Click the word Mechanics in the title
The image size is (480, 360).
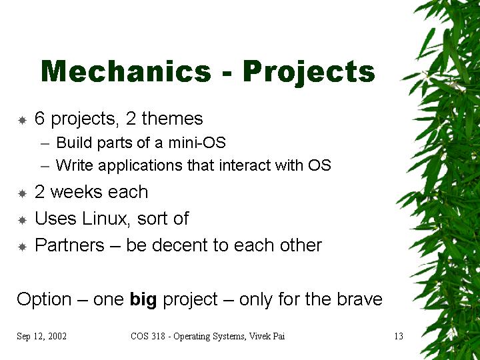pos(126,71)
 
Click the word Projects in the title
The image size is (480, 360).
pos(309,73)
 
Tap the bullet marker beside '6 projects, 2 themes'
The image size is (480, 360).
pos(22,120)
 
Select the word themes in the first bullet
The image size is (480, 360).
pos(172,118)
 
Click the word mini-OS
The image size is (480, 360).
pos(197,143)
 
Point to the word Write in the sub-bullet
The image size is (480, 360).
pos(75,165)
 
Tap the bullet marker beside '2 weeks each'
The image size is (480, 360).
pos(22,193)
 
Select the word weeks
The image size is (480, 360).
pos(77,192)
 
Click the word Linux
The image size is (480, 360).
pos(105,219)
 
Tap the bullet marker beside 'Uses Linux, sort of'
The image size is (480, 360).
pos(22,220)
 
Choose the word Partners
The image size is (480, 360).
pos(70,245)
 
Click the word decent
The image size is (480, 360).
pos(180,245)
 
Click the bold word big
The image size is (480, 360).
pos(143,300)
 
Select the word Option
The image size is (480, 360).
pos(44,299)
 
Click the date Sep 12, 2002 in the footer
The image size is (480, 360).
pos(41,336)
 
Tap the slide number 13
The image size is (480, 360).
pos(399,336)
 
